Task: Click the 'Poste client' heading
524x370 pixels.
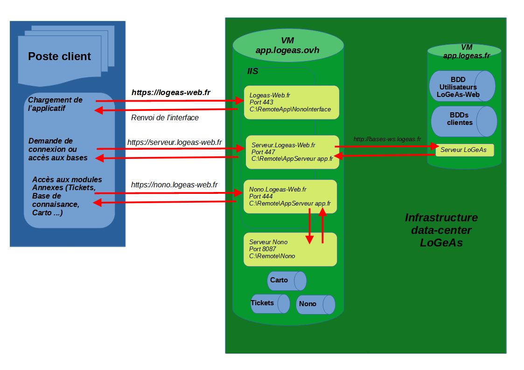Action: pyautogui.click(x=59, y=56)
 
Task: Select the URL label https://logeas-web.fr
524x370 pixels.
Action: pyautogui.click(x=171, y=93)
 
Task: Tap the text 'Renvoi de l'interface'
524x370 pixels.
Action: pyautogui.click(x=165, y=117)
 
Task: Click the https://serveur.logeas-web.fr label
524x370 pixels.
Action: pyautogui.click(x=175, y=142)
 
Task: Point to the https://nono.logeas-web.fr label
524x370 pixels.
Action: pyautogui.click(x=174, y=185)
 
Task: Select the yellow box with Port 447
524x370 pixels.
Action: pyautogui.click(x=292, y=152)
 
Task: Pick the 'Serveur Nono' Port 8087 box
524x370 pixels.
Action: pyautogui.click(x=290, y=249)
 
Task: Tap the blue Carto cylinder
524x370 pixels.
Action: pyautogui.click(x=286, y=281)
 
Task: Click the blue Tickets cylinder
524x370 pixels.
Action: pyautogui.click(x=270, y=303)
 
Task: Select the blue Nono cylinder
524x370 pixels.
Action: pyautogui.click(x=315, y=304)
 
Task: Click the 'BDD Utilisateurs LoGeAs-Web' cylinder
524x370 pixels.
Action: pyautogui.click(x=462, y=86)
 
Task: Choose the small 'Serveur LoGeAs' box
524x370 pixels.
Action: pyautogui.click(x=464, y=150)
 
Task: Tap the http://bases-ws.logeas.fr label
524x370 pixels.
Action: pyautogui.click(x=387, y=139)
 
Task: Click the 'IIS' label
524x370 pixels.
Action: pyautogui.click(x=252, y=72)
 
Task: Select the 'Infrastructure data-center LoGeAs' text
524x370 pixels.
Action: pyautogui.click(x=441, y=230)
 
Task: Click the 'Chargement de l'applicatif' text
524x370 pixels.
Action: pyautogui.click(x=55, y=104)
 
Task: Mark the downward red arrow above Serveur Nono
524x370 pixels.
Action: pyautogui.click(x=309, y=226)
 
